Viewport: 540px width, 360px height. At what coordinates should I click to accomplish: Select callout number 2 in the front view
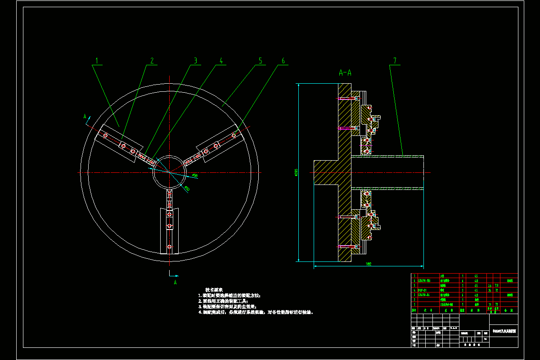click(152, 60)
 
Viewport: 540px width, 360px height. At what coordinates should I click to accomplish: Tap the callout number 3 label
click(195, 60)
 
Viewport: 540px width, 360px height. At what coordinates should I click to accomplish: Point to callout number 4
click(221, 60)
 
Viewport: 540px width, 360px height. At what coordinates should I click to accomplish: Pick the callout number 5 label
click(260, 60)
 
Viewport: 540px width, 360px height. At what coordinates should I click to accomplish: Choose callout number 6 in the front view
click(283, 60)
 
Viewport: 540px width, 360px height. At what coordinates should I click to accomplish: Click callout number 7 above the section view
click(395, 60)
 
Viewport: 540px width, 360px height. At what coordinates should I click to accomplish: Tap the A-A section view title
click(345, 72)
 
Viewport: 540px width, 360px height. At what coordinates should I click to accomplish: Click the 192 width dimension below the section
click(368, 264)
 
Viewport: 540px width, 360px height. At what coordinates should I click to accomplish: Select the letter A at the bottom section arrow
click(175, 282)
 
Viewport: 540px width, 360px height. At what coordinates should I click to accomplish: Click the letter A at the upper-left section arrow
click(85, 116)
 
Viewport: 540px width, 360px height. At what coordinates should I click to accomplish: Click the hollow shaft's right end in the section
click(423, 172)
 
